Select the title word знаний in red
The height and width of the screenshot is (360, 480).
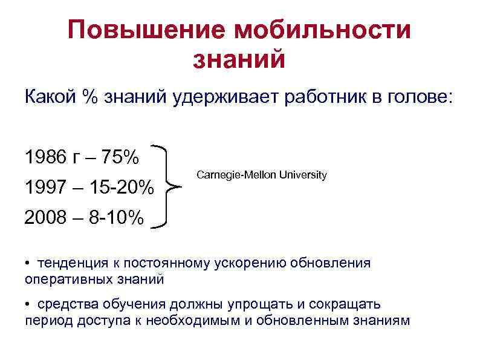tap(239, 59)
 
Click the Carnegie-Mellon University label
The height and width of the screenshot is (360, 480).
tap(261, 175)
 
